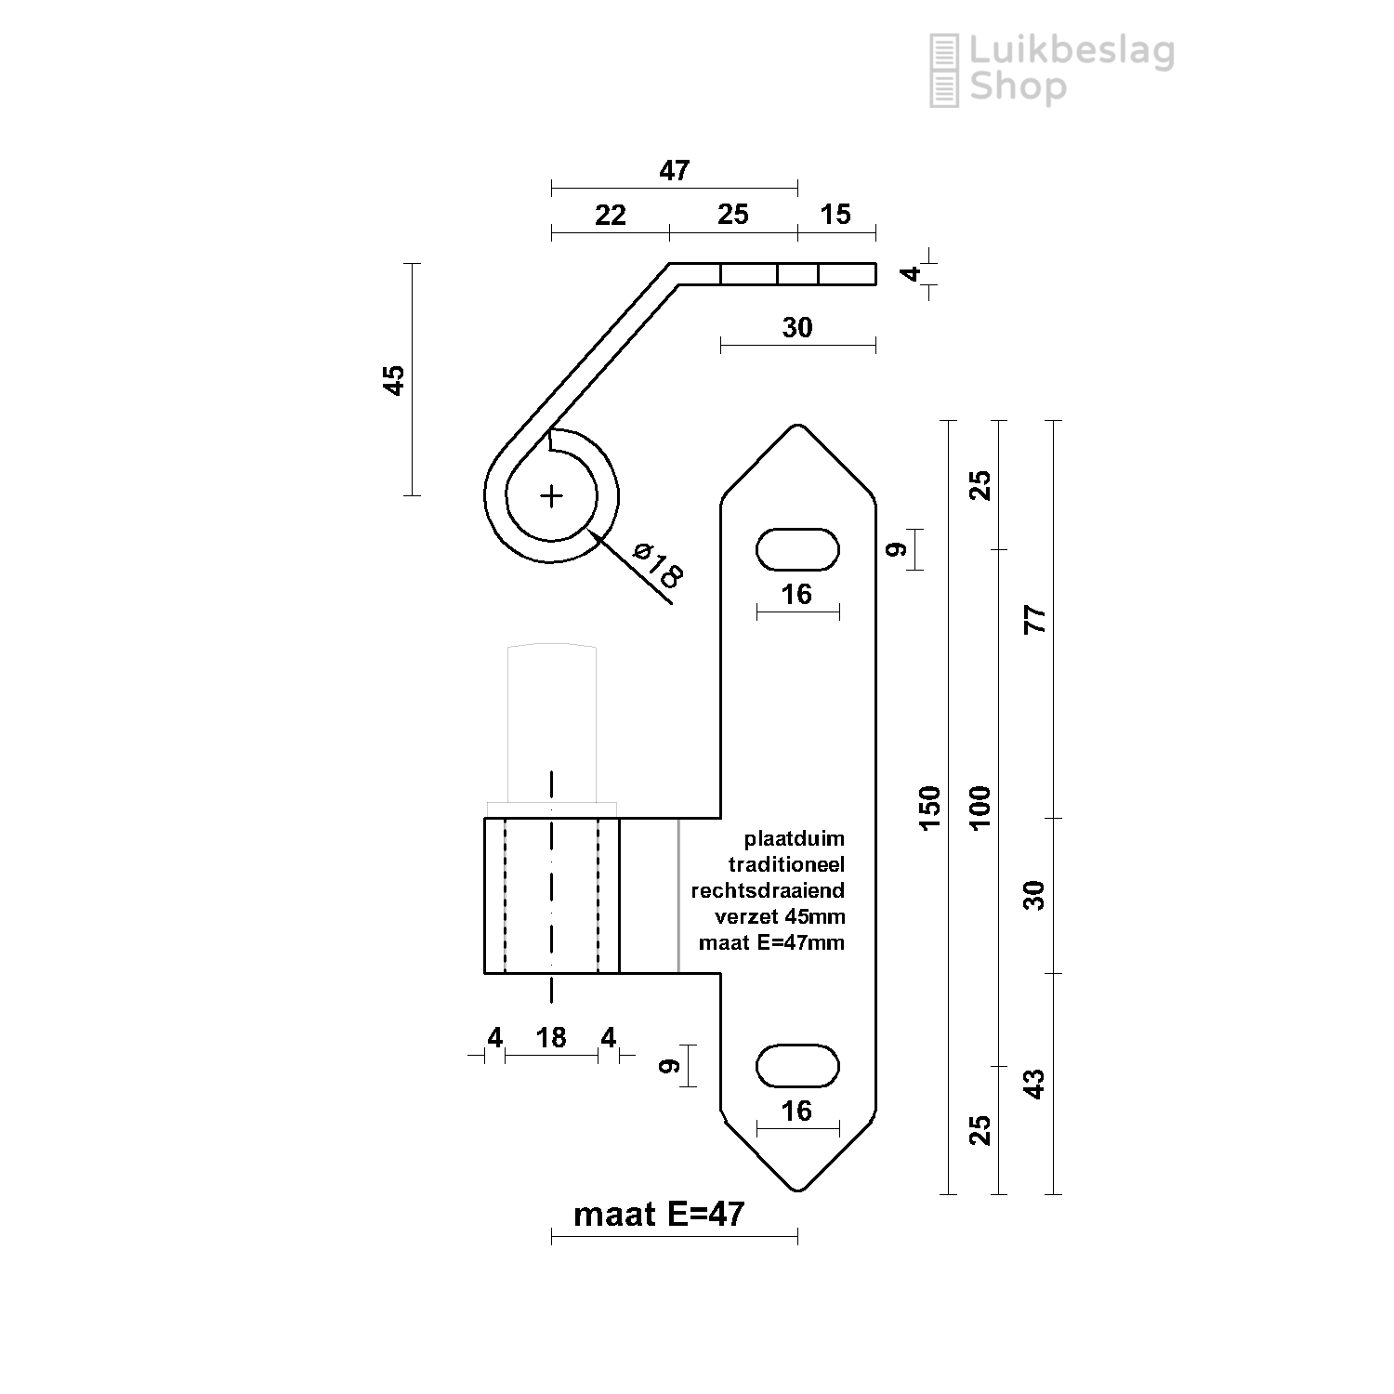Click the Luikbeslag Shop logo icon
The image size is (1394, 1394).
(944, 71)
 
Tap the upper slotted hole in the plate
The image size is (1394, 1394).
(797, 549)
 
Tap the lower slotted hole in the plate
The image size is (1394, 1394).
(797, 1065)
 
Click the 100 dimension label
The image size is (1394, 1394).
(980, 807)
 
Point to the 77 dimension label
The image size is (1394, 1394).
(1034, 619)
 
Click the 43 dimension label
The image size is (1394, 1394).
(1034, 1084)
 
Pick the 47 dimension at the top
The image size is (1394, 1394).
(675, 170)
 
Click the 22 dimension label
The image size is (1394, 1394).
(610, 215)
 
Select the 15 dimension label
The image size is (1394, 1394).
(835, 215)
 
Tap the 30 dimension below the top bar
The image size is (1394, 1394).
(797, 327)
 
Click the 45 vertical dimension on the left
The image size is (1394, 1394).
(395, 380)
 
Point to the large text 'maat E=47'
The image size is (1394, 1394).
(659, 1214)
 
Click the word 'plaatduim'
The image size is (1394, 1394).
(795, 839)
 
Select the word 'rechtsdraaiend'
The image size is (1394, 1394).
(768, 890)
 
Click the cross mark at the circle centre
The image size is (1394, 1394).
(552, 496)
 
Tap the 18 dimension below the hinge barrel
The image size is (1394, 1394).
(551, 1037)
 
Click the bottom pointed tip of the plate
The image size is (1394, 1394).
(797, 1190)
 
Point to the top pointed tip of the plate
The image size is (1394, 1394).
(797, 425)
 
